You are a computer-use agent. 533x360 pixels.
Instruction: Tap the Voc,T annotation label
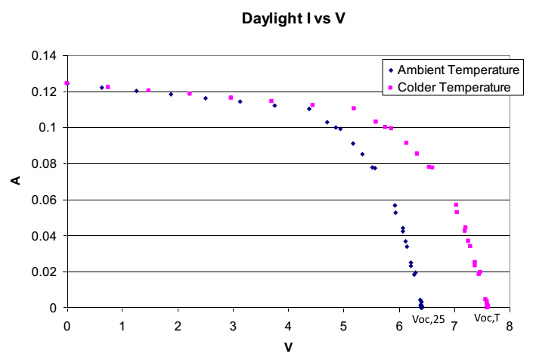click(487, 318)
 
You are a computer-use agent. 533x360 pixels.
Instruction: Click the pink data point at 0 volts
click(67, 83)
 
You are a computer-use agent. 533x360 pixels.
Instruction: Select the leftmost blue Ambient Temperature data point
click(102, 88)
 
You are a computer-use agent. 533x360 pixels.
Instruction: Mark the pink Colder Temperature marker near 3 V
click(231, 98)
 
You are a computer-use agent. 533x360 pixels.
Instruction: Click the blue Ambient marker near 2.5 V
click(205, 98)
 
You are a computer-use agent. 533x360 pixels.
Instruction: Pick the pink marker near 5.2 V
click(353, 108)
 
